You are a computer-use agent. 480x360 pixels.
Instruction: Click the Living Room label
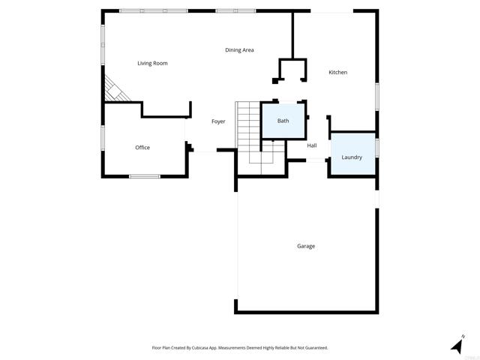point(152,64)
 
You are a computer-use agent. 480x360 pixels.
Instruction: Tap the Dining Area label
point(239,50)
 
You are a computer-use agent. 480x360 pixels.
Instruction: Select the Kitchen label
point(337,72)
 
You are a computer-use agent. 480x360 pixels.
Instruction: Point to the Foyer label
point(218,121)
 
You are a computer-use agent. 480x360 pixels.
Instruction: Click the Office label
point(142,148)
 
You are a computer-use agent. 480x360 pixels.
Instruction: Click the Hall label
point(312,145)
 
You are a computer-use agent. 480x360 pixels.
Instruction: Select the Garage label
point(305,246)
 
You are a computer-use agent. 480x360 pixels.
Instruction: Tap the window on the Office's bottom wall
point(144,176)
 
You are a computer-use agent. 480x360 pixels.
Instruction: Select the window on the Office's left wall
point(103,138)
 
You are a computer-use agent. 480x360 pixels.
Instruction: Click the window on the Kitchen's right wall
point(377,97)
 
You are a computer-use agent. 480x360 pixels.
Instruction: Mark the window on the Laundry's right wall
point(377,147)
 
